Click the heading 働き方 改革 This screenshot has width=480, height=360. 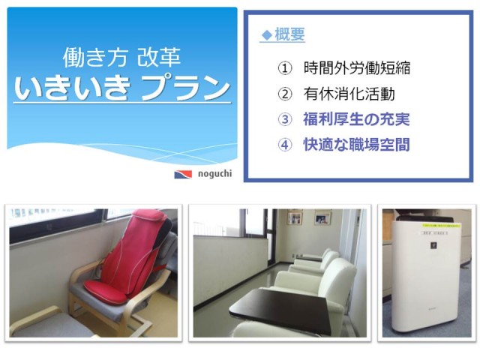[121, 57]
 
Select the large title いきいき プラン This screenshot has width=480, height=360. [122, 88]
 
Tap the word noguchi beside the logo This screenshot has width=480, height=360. [215, 174]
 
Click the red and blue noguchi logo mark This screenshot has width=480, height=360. [183, 175]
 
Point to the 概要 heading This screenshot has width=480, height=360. [289, 34]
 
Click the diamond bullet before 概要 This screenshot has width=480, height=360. [267, 35]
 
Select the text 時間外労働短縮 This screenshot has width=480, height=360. [357, 68]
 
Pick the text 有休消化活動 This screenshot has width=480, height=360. [349, 94]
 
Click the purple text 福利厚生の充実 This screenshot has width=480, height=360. [356, 119]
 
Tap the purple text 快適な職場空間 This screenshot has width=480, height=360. [356, 145]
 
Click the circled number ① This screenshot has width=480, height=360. [285, 68]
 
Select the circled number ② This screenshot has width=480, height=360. [285, 94]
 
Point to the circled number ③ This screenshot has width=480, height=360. [285, 119]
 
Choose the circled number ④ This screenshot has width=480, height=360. [285, 145]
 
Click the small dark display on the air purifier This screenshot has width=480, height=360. [433, 245]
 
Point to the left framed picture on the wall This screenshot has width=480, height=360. [295, 218]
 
